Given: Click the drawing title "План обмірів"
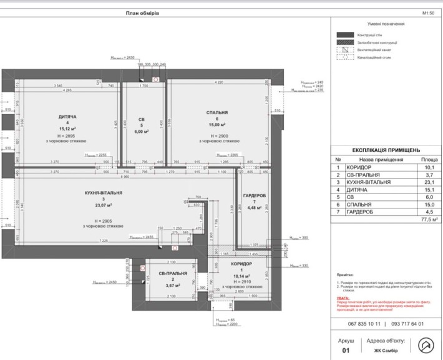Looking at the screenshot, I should coord(142,12).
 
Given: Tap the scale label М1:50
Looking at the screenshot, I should coord(429,12).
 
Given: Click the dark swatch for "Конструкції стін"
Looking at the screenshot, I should coord(344,35).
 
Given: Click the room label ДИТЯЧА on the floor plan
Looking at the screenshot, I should coord(67,117).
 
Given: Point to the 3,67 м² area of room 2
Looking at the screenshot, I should coord(171,286).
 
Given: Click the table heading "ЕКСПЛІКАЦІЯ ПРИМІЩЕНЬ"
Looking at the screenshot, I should coord(386,150).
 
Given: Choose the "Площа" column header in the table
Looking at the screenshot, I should coord(428,160).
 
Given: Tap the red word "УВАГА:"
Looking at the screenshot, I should coord(343,298).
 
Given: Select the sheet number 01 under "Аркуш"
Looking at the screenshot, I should coord(346,350).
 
